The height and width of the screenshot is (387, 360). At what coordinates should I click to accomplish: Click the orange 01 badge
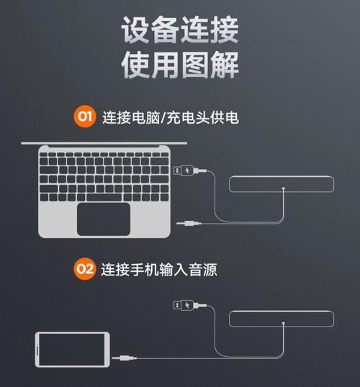coord(85,116)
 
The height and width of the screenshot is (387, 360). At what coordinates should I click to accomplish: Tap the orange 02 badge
coord(85,270)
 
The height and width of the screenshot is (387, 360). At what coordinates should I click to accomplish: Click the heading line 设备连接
coord(179,30)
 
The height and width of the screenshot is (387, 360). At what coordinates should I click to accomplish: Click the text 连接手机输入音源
coord(159,270)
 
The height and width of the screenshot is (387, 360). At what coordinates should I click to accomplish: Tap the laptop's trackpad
coord(104,218)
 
